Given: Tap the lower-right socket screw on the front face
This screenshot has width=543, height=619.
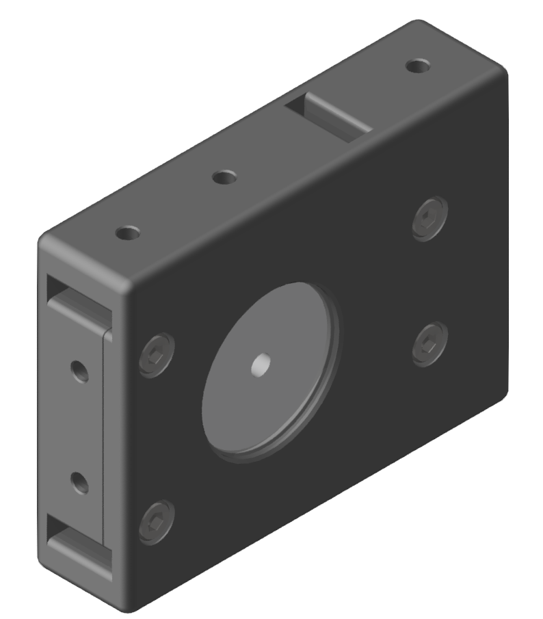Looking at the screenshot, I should point(430,343).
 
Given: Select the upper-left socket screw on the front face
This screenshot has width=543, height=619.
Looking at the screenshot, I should point(157,355).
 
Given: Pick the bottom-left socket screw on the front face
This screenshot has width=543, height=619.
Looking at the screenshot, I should point(157,522).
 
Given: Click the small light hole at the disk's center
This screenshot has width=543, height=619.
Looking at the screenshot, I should point(261,365).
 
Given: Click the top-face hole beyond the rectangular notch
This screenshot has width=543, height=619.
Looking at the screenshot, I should point(417,66).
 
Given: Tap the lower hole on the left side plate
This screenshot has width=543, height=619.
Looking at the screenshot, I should point(81,484).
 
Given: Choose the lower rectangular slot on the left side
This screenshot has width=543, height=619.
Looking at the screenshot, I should point(77,547).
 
